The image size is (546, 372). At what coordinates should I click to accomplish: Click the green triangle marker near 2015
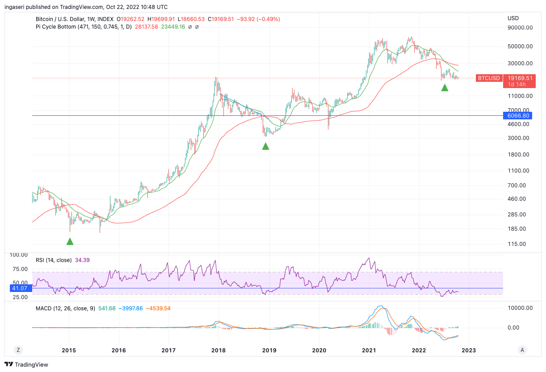click(x=70, y=241)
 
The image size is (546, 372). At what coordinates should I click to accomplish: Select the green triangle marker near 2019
click(x=265, y=146)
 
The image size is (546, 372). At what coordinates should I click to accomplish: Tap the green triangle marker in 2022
click(x=445, y=88)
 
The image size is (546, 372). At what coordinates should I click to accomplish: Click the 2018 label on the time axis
click(x=218, y=350)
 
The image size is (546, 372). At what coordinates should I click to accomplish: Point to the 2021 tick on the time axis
click(x=369, y=350)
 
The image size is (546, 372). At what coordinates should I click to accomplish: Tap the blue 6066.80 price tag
click(x=518, y=115)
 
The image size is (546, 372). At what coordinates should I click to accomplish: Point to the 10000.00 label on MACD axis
click(x=520, y=308)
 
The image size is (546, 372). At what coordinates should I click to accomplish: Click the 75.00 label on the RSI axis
click(x=18, y=269)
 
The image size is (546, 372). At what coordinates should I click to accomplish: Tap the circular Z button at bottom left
click(x=18, y=350)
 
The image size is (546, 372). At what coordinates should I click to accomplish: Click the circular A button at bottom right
click(x=521, y=350)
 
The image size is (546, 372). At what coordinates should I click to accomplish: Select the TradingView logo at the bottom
click(x=26, y=364)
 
